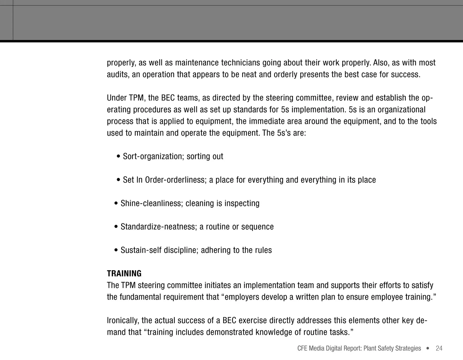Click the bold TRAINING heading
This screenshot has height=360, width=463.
pyautogui.click(x=124, y=274)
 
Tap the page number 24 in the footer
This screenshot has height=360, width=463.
pyautogui.click(x=439, y=348)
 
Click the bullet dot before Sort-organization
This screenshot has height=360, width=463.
pyautogui.click(x=118, y=157)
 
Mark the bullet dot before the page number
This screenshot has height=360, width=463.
pyautogui.click(x=427, y=348)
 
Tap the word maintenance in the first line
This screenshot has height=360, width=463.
pyautogui.click(x=197, y=63)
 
